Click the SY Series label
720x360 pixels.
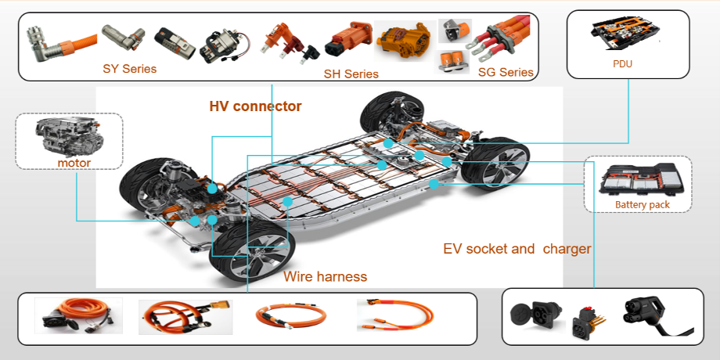coord(129,69)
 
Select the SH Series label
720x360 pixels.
coord(351,74)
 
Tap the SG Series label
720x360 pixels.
coord(505,72)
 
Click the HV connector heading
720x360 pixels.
coord(255,106)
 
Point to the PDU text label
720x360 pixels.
coord(622,64)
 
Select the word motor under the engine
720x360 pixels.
coord(74,163)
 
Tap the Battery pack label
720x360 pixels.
coord(643,205)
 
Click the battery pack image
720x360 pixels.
coord(639,179)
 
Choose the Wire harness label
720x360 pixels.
coord(325,276)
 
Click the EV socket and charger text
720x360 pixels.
coord(517,249)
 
